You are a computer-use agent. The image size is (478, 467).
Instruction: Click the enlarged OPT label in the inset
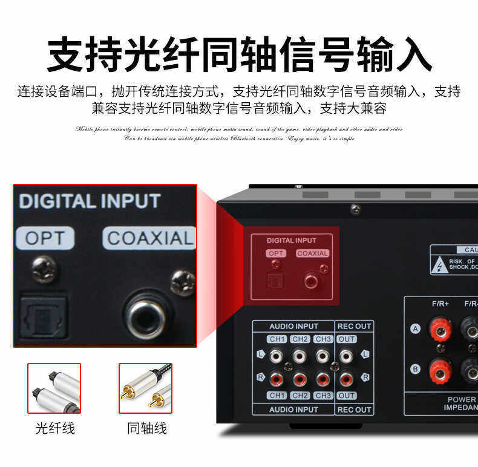tap(45, 238)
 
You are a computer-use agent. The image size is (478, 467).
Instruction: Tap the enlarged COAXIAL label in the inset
tap(149, 238)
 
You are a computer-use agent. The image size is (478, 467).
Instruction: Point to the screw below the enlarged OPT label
tap(45, 269)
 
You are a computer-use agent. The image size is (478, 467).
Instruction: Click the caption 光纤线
tap(54, 428)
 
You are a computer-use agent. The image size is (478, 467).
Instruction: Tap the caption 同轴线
tap(146, 428)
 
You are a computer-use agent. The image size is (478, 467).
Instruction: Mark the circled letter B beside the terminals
tap(415, 368)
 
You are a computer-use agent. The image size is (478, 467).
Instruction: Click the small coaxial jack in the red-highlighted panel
tap(312, 281)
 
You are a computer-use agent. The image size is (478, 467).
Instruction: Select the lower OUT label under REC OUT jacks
tap(347, 396)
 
